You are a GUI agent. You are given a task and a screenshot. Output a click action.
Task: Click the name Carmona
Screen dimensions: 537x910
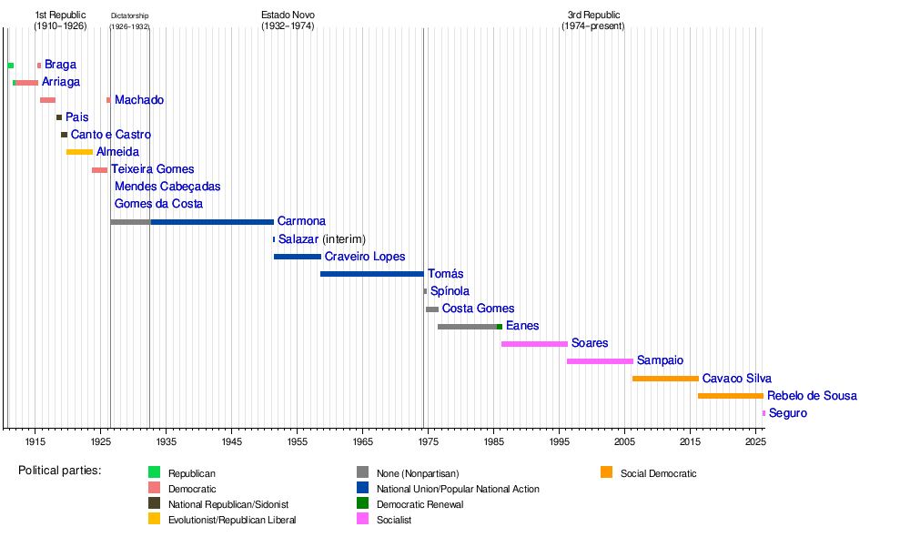301,221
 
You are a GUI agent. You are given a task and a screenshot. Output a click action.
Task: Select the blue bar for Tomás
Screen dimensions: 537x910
371,274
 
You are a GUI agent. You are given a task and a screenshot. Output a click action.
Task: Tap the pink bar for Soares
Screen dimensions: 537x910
534,344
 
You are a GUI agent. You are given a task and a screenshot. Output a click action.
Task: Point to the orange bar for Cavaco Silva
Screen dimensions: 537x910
665,379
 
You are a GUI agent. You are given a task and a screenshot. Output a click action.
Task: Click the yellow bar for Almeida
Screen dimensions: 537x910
79,152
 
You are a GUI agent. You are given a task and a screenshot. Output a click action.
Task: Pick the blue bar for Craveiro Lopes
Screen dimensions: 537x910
297,257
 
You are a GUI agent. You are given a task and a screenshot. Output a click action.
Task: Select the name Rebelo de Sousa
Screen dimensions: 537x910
812,396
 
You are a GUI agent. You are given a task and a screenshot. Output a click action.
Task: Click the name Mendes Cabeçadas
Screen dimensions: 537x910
167,187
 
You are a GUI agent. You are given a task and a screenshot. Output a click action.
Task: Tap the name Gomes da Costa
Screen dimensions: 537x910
158,204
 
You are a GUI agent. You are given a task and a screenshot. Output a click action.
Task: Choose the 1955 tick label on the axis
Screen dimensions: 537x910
298,441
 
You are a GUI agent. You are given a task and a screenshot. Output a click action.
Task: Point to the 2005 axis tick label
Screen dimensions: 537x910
625,441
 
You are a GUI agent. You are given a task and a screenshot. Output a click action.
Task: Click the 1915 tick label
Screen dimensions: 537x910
35,441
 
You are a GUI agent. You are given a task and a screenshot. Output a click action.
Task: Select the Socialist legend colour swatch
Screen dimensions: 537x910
362,520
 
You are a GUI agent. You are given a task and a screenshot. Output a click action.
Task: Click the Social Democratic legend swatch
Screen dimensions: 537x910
606,472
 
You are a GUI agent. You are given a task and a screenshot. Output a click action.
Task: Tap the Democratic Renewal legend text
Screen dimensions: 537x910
417,504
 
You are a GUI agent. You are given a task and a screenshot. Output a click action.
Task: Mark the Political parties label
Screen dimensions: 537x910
59,471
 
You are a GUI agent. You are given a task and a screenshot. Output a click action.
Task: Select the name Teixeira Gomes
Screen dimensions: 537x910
152,169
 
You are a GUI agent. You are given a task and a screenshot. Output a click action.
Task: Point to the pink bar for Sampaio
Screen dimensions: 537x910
600,361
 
